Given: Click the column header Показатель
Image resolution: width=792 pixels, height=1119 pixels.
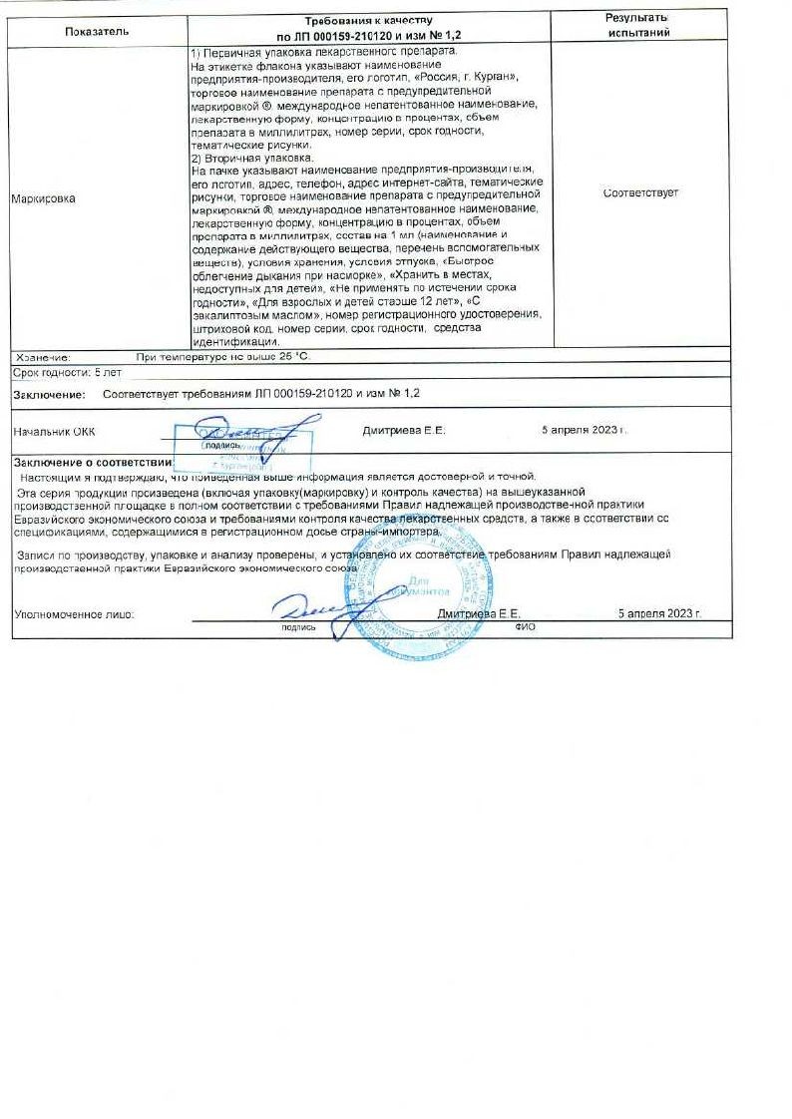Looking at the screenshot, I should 98,31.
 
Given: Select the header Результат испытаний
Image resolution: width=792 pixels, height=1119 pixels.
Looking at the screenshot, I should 636,25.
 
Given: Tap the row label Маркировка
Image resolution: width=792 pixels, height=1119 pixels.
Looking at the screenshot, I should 43,198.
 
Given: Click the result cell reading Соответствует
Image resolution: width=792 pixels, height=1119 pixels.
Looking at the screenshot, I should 640,193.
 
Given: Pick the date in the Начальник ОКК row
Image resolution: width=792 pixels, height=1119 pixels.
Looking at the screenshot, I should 584,431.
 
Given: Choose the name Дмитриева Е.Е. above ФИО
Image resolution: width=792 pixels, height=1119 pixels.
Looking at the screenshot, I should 479,614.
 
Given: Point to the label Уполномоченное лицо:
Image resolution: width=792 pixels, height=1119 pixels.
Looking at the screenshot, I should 74,614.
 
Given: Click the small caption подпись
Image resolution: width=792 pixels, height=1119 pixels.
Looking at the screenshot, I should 298,628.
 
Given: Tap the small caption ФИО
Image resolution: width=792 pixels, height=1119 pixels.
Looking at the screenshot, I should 526,628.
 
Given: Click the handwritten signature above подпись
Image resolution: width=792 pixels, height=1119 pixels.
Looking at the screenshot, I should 309,606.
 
